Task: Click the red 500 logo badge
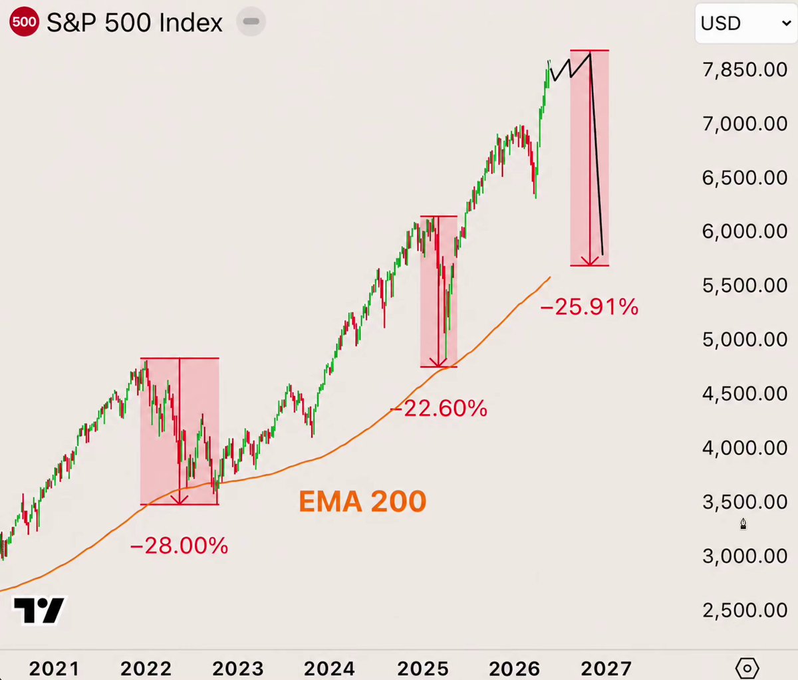coord(24,22)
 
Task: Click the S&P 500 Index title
coord(134,23)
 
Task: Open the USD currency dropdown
coord(746,23)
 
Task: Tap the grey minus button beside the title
coord(251,22)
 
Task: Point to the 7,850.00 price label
coord(745,70)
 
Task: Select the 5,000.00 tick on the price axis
coord(745,340)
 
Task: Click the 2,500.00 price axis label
coord(745,610)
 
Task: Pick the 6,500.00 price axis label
coord(745,177)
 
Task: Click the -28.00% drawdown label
coord(179,546)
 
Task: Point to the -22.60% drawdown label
coord(439,408)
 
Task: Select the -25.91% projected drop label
coord(589,307)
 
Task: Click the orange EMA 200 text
coord(362,501)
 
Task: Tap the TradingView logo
coord(39,610)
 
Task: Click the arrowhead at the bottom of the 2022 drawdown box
coord(179,500)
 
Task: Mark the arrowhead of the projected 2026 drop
coord(590,261)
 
